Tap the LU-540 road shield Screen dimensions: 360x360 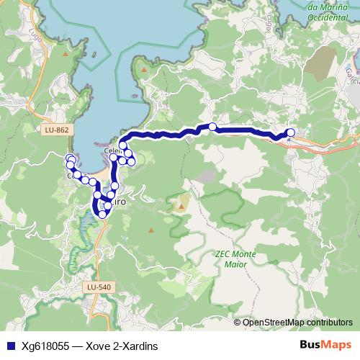point(99,287)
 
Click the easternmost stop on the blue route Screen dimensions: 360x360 point(291,132)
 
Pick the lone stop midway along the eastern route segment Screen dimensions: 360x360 point(212,127)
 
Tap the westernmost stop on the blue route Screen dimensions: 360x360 point(70,159)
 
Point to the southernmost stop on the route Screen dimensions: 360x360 point(102,214)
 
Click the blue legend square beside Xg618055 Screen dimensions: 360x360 point(9,346)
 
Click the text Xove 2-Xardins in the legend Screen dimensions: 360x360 point(122,346)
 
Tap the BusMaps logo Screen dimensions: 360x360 point(327,346)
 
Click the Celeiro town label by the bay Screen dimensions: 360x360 point(112,150)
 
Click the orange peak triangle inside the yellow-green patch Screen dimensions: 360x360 point(181,207)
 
